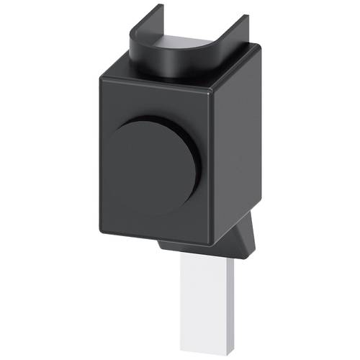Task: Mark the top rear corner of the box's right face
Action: pos(258,48)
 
